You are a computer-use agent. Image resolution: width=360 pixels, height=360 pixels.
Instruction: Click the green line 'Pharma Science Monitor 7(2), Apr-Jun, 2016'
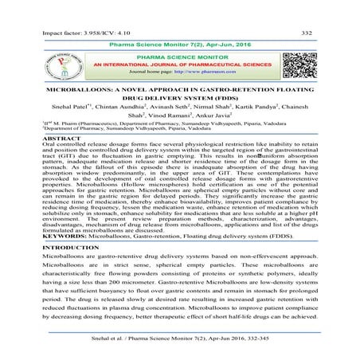(181, 27)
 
